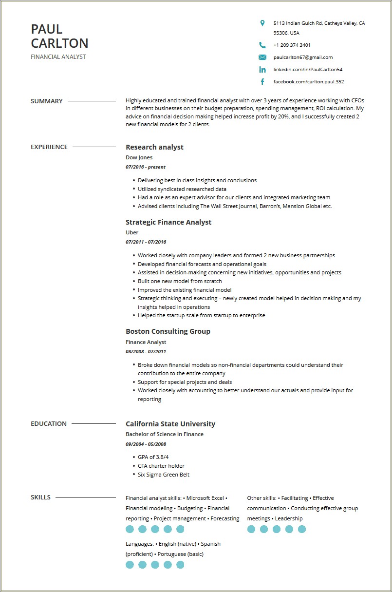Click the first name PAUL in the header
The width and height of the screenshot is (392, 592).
[x=47, y=29]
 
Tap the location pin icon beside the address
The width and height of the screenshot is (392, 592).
[x=262, y=23]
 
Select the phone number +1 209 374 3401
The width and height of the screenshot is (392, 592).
[x=292, y=45]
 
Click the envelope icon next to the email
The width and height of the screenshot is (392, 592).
[x=262, y=57]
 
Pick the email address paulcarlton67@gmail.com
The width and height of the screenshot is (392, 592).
[x=303, y=57]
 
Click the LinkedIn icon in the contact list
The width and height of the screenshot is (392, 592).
[x=262, y=70]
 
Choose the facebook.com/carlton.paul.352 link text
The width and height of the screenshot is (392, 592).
[x=308, y=82]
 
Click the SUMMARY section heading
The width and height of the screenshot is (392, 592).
[x=47, y=101]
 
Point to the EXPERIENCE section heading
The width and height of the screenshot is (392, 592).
[x=49, y=147]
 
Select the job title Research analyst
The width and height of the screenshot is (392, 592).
[x=154, y=147]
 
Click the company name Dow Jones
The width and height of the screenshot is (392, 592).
[x=139, y=157]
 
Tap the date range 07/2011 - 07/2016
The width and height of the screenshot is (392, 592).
[x=146, y=242]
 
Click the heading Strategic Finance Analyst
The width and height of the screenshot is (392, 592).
[x=168, y=222]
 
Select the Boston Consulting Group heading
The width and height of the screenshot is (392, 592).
[x=168, y=331]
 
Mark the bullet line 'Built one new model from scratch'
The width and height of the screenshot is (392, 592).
[x=180, y=281]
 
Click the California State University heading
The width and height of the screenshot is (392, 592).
[x=170, y=424]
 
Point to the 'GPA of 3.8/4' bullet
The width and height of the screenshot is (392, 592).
[x=153, y=457]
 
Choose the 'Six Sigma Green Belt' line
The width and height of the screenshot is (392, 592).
[x=164, y=475]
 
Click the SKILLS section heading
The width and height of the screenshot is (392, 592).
[x=40, y=497]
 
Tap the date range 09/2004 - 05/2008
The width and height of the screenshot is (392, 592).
[x=146, y=444]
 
